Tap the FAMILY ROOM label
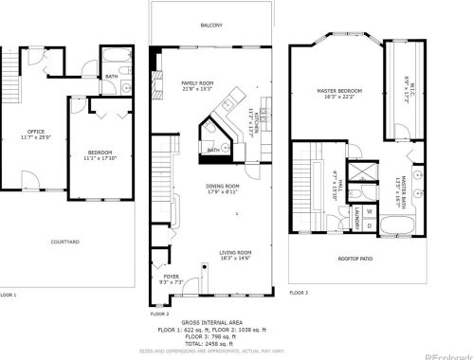tap(198, 83)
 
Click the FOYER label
tap(171, 277)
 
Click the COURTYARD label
tap(65, 242)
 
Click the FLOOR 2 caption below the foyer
tap(159, 314)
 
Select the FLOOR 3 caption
tap(299, 293)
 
